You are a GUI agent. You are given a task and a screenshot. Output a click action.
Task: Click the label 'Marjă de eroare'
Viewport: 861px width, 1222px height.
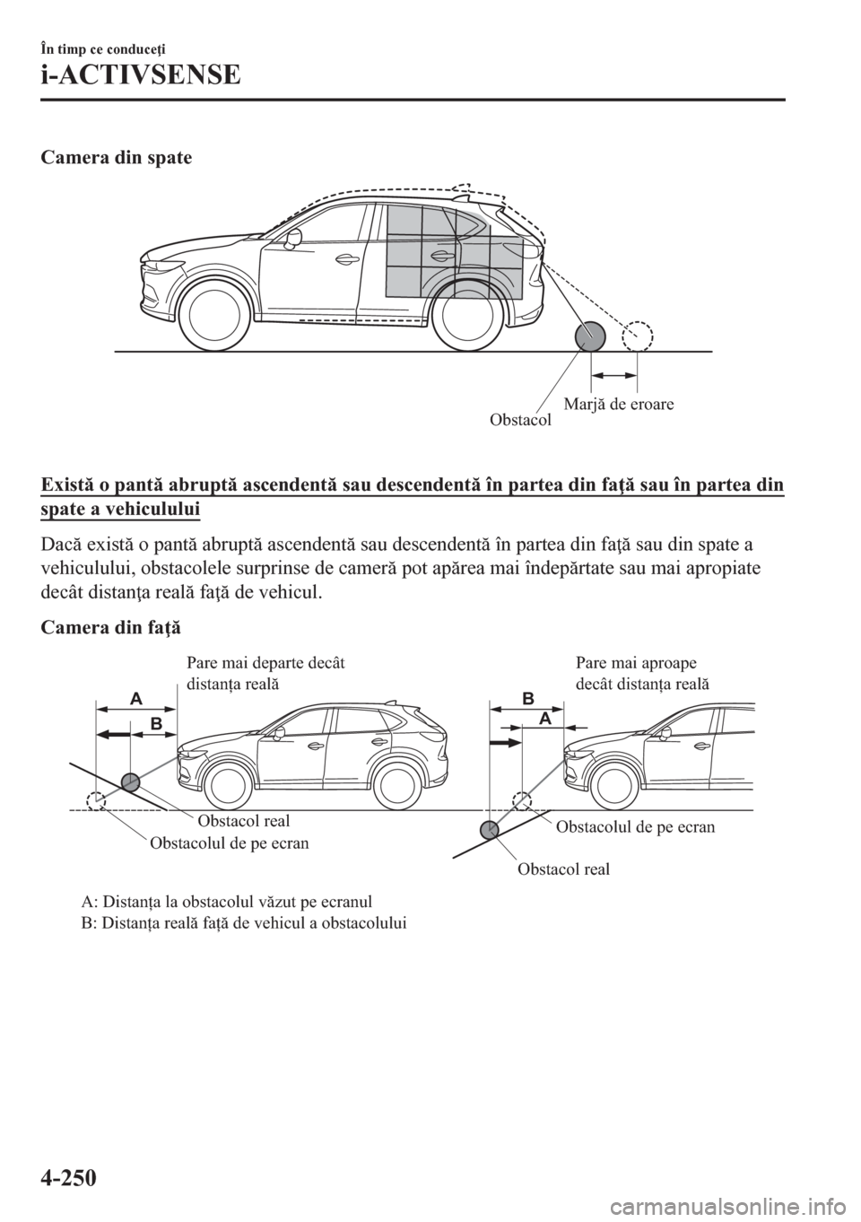click(x=619, y=404)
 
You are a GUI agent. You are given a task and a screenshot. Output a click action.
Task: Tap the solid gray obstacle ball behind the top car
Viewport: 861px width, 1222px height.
click(x=590, y=337)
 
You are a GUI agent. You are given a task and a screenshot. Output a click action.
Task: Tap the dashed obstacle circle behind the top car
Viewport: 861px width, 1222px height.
click(x=638, y=337)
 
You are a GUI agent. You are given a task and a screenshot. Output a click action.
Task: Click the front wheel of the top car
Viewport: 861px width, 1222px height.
click(x=216, y=319)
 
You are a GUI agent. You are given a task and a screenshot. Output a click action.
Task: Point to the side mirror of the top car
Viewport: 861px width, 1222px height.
click(x=292, y=238)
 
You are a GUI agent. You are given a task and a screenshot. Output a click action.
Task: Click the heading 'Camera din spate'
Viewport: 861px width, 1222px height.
click(x=115, y=158)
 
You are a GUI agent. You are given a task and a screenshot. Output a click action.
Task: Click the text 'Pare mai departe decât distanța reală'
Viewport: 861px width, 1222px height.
click(x=265, y=673)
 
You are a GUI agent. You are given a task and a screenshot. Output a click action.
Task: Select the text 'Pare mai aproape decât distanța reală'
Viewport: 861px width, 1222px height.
click(x=641, y=673)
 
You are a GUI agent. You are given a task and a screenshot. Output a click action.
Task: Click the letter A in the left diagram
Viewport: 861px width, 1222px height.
click(x=135, y=697)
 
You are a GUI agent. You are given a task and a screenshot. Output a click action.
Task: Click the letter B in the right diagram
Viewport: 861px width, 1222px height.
click(x=528, y=698)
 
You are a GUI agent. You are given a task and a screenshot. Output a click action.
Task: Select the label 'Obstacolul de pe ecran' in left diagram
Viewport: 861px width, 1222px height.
click(x=230, y=842)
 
